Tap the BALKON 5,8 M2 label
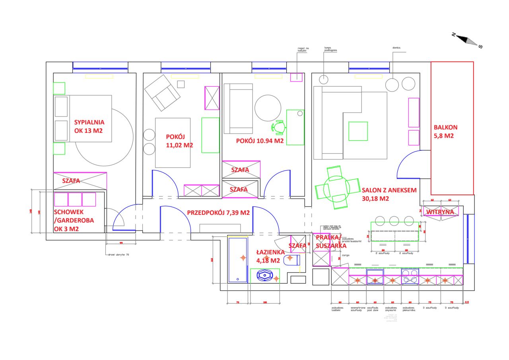pos(445,132)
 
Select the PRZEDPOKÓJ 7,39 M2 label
pos(218,213)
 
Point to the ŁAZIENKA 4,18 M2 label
pos(270,256)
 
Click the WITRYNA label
pos(440,212)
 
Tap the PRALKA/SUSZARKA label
pos(328,242)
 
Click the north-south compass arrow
pos(466,40)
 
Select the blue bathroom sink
pos(264,275)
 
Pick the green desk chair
pos(278,127)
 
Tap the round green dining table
pos(336,188)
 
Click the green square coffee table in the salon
pos(358,131)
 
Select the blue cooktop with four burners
pos(410,276)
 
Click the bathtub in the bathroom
pos(237,259)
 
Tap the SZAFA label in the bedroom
pos(71,181)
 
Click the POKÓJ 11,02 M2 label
pos(179,141)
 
